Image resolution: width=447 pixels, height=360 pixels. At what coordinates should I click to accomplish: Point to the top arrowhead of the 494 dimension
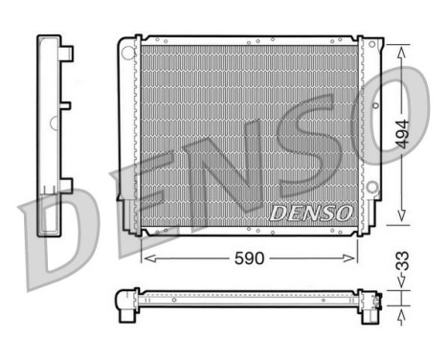click(402, 51)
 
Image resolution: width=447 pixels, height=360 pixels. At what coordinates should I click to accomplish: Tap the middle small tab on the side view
click(69, 104)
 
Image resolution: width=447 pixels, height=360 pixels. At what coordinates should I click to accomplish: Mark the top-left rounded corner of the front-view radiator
click(123, 43)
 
